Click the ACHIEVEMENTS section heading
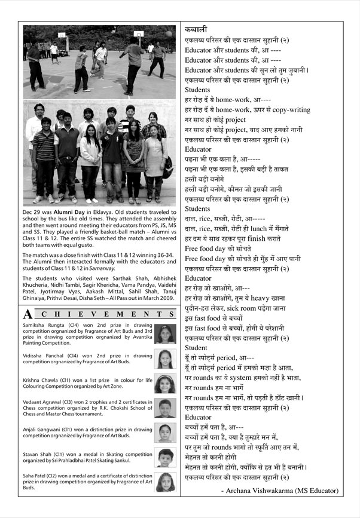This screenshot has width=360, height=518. (x=99, y=314)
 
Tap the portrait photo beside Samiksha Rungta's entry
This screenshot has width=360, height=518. (x=164, y=334)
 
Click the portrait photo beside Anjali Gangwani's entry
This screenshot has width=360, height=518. (x=164, y=432)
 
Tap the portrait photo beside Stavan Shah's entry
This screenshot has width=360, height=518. (x=164, y=457)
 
